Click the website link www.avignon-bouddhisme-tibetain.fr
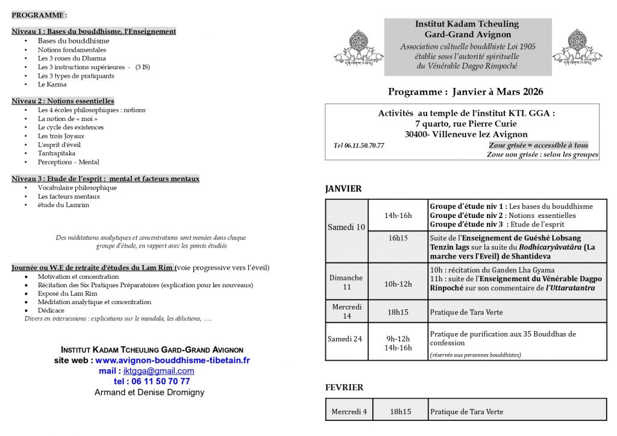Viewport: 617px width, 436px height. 172,360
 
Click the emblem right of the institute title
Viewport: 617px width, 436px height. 577,48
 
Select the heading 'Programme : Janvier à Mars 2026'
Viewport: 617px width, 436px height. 465,92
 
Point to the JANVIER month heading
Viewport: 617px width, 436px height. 343,188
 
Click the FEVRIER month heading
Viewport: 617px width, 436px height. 344,387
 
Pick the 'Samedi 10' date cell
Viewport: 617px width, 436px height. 346,227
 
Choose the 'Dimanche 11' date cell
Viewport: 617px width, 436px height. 346,282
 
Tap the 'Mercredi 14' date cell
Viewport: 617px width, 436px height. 346,311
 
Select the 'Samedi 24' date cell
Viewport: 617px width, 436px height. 345,338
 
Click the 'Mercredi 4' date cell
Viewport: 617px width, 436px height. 349,412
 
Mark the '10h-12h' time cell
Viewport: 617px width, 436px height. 398,284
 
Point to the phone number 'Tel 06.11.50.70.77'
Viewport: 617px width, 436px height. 359,146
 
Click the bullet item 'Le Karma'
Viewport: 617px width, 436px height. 52,84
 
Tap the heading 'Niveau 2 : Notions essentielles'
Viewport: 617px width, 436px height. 63,101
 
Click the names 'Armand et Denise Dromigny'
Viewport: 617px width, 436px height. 149,392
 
